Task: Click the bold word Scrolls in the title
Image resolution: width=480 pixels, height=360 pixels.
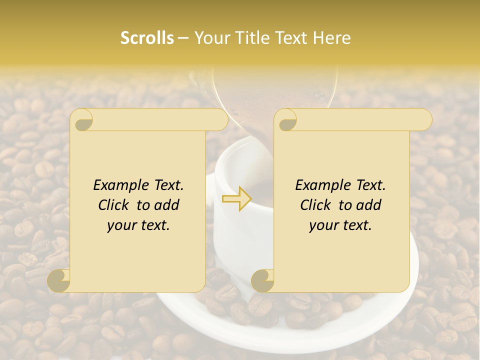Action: tap(147, 38)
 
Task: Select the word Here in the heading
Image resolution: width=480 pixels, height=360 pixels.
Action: tap(332, 38)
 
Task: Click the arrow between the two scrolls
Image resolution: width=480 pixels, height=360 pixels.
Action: tap(237, 198)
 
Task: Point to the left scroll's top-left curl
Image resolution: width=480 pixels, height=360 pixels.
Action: tap(81, 120)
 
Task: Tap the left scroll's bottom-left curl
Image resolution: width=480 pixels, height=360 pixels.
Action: tap(59, 280)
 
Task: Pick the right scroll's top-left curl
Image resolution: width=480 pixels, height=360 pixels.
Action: tap(286, 120)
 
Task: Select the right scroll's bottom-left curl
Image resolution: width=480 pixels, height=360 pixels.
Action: tap(262, 280)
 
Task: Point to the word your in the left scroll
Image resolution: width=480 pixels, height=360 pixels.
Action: tap(120, 225)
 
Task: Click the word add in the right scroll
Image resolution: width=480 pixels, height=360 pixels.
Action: tap(369, 205)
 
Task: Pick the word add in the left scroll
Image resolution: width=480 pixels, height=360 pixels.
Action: tap(167, 205)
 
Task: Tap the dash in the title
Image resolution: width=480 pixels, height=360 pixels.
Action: tap(183, 38)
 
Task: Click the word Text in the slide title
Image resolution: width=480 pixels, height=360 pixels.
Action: tap(293, 38)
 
